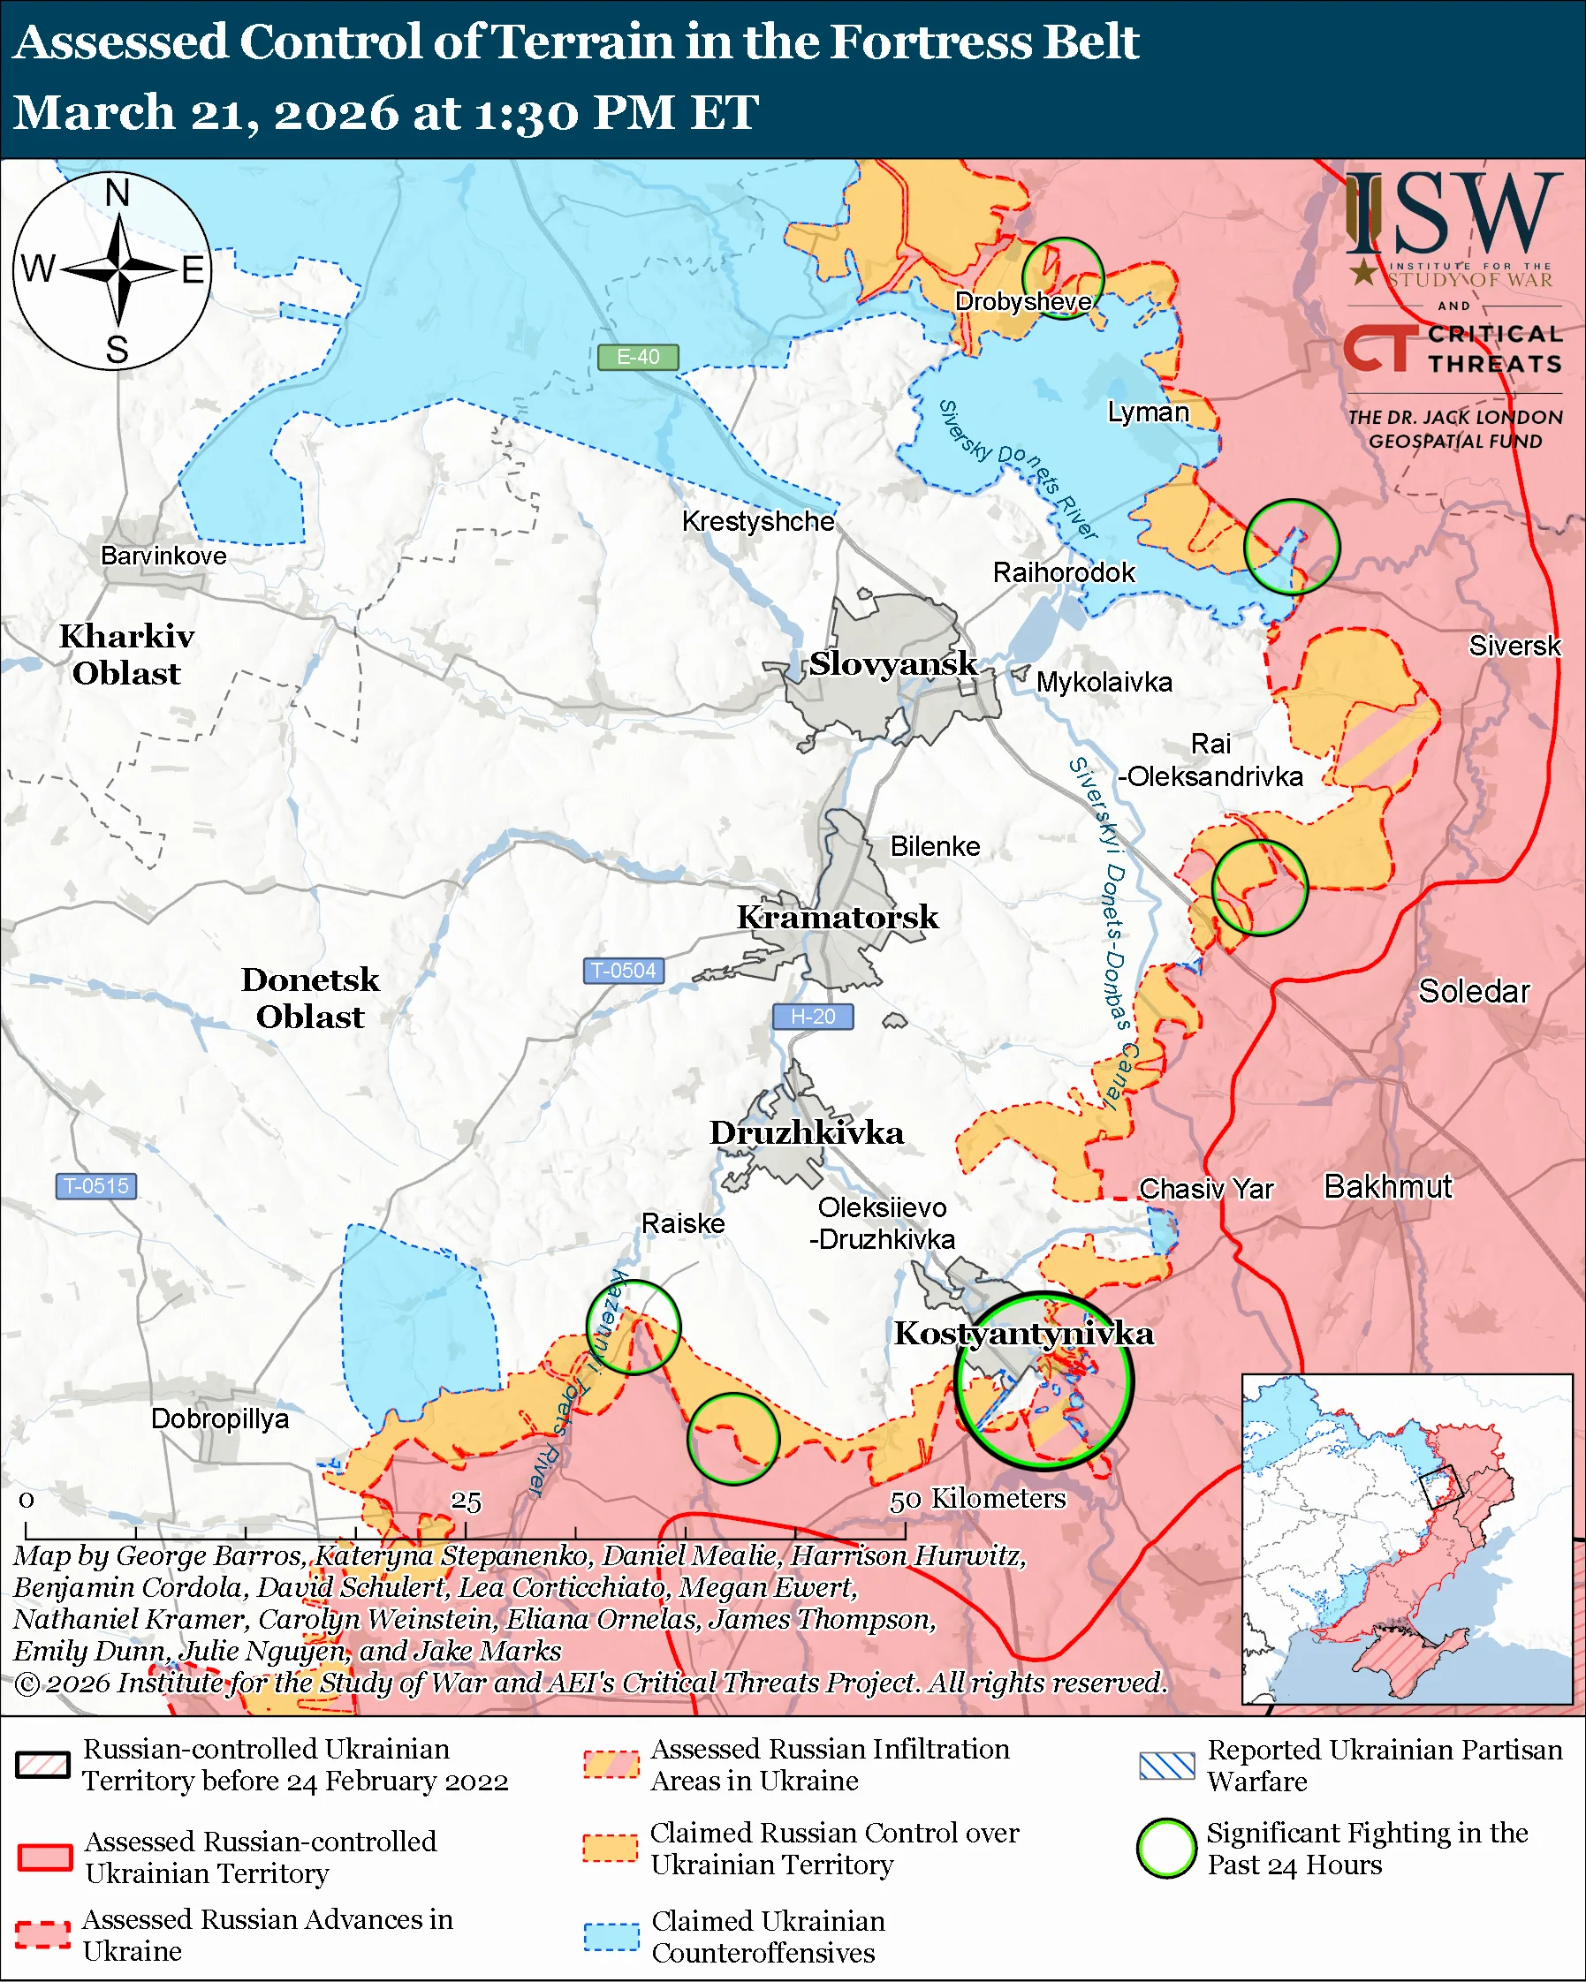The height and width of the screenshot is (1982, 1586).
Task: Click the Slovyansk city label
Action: click(892, 663)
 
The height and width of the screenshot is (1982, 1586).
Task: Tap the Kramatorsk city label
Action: click(838, 918)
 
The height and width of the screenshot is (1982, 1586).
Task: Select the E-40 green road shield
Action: click(638, 357)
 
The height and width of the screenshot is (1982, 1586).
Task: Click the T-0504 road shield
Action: click(624, 971)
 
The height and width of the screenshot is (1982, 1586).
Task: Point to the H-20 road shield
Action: click(813, 1017)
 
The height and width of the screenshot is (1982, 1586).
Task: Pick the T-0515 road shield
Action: click(96, 1186)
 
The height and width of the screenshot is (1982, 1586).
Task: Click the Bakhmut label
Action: click(1387, 1187)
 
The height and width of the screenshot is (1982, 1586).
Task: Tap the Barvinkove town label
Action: click(163, 556)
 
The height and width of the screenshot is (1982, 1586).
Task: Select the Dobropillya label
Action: click(220, 1418)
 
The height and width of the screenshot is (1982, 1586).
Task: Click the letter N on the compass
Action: click(117, 194)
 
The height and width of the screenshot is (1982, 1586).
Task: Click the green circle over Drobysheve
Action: click(1063, 278)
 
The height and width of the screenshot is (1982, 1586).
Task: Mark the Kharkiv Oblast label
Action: click(127, 654)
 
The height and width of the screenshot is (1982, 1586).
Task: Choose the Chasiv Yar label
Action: click(1206, 1189)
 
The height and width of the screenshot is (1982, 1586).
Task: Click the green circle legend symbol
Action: click(1165, 1848)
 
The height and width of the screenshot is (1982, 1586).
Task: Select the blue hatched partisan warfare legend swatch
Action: click(1165, 1766)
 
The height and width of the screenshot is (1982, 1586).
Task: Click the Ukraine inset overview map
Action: click(1407, 1539)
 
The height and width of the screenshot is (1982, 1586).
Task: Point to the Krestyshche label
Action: click(758, 521)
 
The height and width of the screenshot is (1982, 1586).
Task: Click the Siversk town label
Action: click(1514, 647)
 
